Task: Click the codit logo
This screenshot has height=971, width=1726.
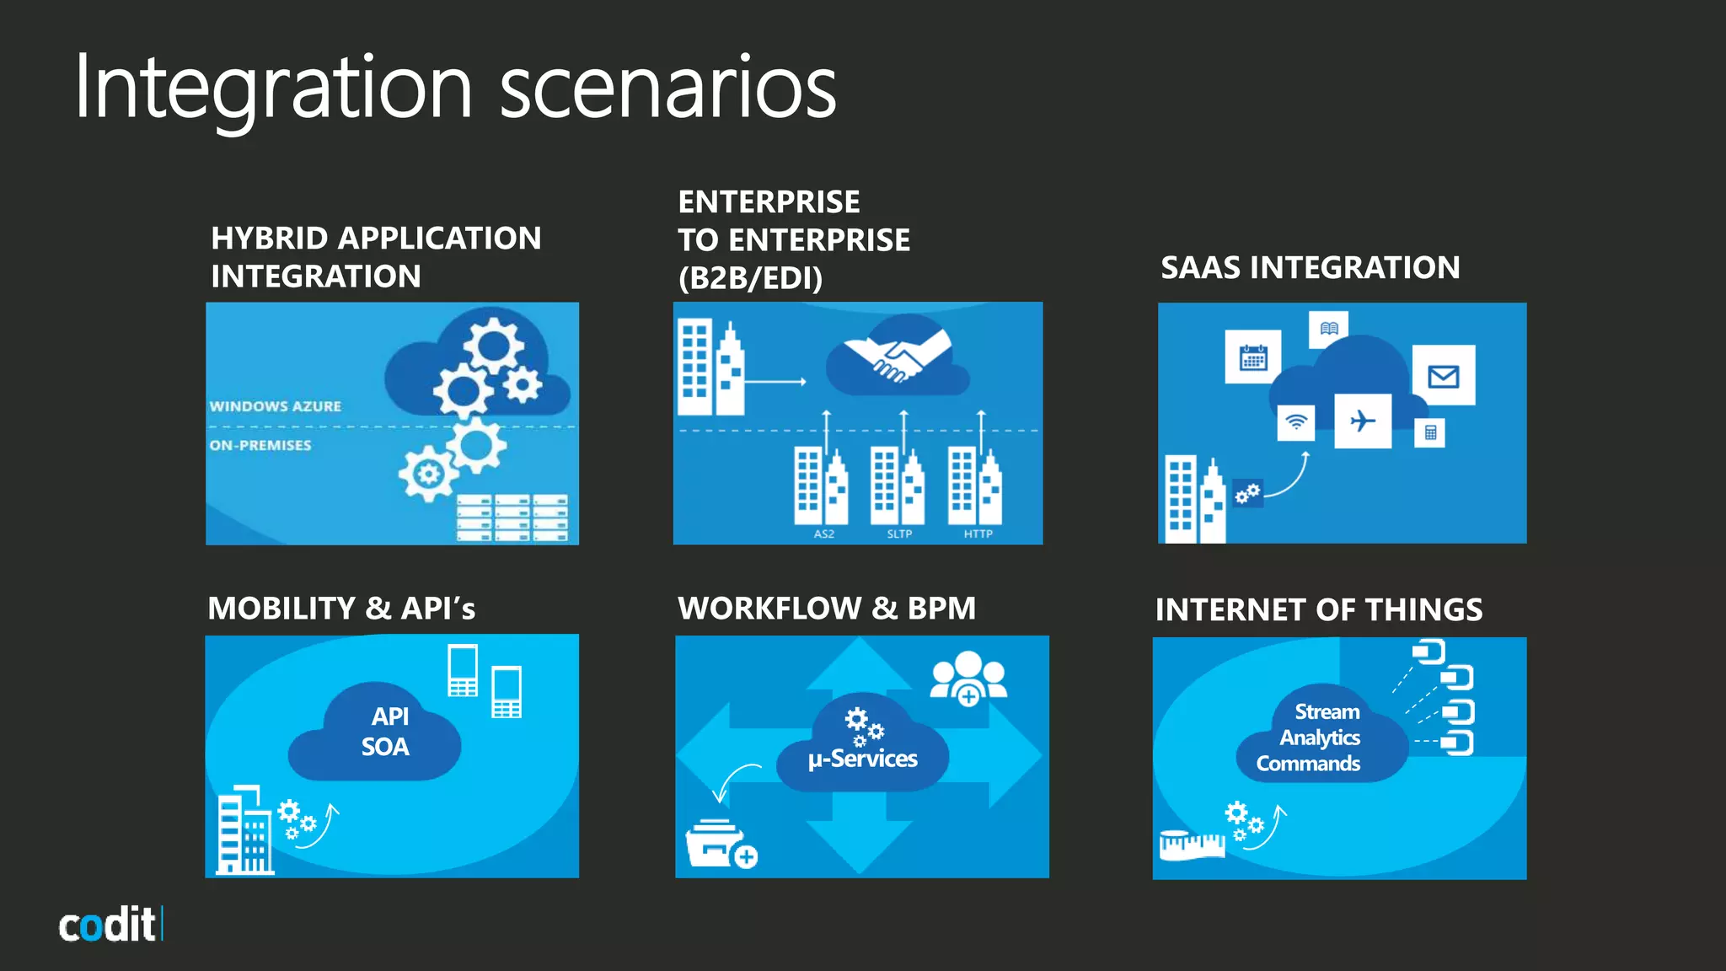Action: tap(110, 925)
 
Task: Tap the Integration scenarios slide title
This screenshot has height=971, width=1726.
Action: tap(455, 88)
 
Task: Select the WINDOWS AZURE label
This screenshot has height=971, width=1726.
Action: tap(276, 406)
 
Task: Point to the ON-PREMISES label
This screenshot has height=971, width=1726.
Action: tap(260, 445)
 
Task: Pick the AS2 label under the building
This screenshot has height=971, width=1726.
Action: tap(823, 534)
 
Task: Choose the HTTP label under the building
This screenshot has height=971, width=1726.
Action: tap(978, 534)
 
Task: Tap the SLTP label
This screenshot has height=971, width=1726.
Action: tap(899, 534)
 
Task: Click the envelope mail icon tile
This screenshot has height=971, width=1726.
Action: tap(1443, 376)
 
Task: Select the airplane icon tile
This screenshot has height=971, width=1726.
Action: tap(1363, 421)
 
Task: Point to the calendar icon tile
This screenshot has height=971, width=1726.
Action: tap(1253, 357)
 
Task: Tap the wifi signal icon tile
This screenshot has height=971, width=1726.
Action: tap(1296, 421)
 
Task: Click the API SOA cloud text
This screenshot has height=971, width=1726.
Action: tap(387, 732)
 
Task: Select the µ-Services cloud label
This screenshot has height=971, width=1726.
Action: tap(862, 759)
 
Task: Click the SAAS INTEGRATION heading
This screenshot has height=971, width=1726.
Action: tap(1310, 268)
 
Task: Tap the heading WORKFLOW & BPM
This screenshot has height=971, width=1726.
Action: tap(826, 609)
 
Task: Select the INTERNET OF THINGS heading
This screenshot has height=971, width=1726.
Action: tap(1318, 610)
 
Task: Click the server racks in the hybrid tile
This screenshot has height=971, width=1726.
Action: tap(512, 517)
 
